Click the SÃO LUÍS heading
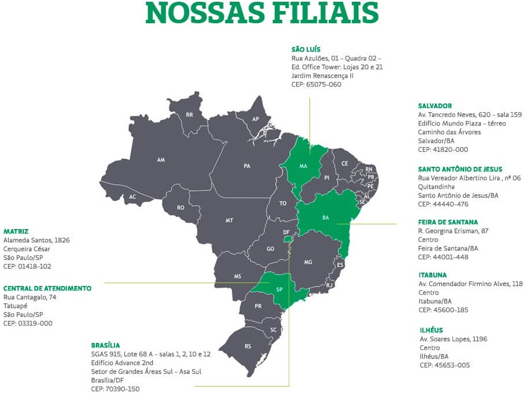[x=306, y=50]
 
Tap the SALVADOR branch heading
[x=434, y=106]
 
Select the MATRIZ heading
[x=16, y=231]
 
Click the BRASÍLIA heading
[x=105, y=345]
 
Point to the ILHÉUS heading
[x=431, y=330]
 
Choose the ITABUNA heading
[x=433, y=275]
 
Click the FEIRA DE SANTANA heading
[x=448, y=222]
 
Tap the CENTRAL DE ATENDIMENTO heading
[x=47, y=288]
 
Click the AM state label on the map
[x=161, y=160]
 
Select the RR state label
[x=189, y=115]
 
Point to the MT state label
[x=229, y=221]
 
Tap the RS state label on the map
[x=248, y=346]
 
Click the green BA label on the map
[x=325, y=217]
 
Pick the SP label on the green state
[x=279, y=289]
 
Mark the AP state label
[x=256, y=119]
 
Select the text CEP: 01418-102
[x=27, y=266]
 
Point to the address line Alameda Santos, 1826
[x=37, y=240]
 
